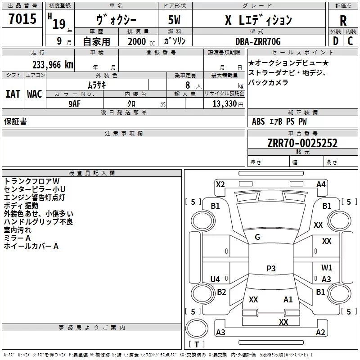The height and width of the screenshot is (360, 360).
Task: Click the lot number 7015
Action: tap(22, 20)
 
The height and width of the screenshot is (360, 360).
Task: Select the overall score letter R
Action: tap(343, 21)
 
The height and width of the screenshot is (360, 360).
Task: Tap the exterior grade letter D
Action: tap(335, 41)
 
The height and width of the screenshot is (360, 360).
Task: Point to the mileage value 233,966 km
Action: tap(53, 64)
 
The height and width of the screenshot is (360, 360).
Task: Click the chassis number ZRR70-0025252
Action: tap(302, 143)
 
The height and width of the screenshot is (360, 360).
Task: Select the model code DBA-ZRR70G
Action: tap(258, 41)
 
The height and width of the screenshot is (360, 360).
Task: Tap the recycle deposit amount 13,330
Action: tap(224, 103)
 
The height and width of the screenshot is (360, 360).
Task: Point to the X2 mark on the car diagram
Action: tap(220, 184)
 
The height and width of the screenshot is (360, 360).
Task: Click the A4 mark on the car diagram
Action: tap(321, 184)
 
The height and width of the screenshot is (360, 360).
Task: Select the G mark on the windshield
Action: tap(257, 237)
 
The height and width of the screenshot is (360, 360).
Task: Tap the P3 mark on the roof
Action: tap(271, 268)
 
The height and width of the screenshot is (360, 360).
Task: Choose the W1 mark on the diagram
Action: tap(327, 268)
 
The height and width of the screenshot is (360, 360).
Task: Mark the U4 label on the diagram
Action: tap(215, 279)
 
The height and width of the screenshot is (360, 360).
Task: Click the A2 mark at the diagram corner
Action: tap(320, 333)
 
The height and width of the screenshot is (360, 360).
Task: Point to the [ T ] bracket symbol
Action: tap(196, 345)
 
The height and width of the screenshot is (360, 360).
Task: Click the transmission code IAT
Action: tap(13, 94)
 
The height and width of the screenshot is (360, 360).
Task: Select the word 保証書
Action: tap(15, 121)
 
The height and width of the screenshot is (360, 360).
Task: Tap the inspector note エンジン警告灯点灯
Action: tap(35, 197)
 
